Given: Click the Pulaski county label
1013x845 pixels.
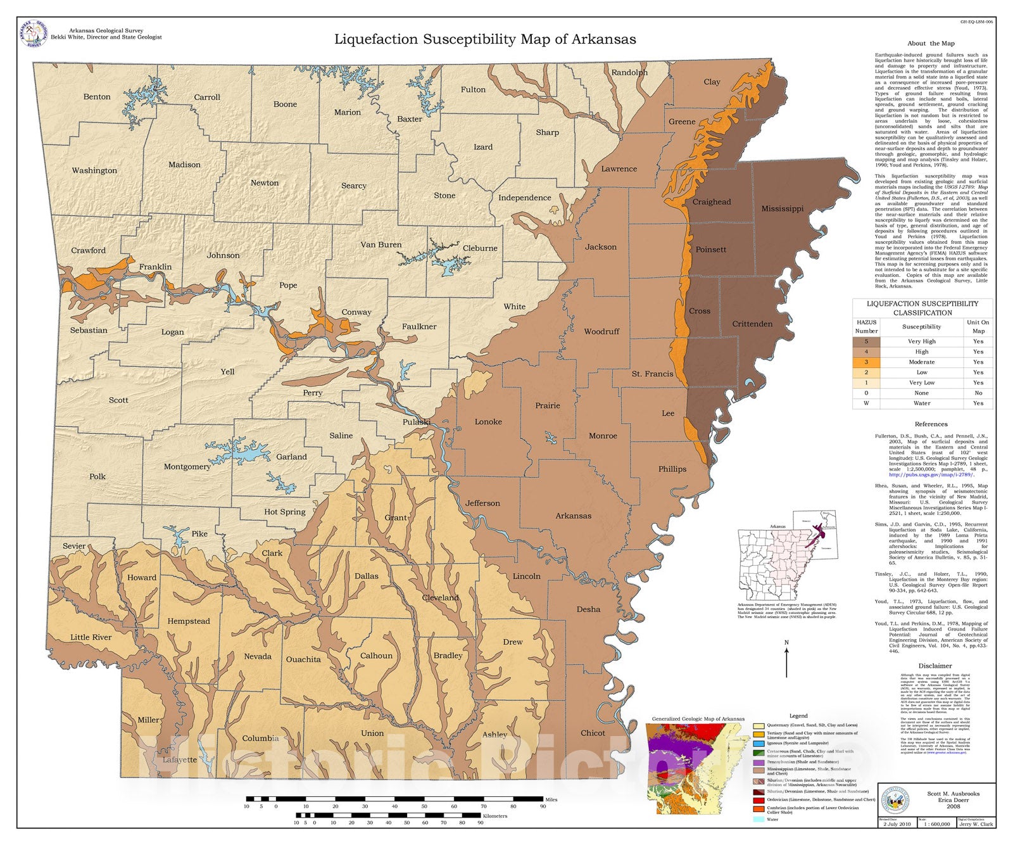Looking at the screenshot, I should click(x=416, y=422).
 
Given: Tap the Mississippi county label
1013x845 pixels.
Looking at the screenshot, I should click(x=782, y=208).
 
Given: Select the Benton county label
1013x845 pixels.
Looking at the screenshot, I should click(x=97, y=97).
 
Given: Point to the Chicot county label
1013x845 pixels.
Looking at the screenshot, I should click(x=593, y=733).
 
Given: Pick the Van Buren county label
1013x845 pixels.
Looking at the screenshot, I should click(x=381, y=245).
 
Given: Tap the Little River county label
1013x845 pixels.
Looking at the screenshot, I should click(x=91, y=637).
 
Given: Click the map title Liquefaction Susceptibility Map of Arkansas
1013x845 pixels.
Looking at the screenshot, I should click(x=485, y=39).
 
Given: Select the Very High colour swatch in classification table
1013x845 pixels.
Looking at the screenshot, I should click(x=866, y=341).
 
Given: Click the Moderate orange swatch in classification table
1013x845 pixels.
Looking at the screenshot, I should click(x=866, y=362).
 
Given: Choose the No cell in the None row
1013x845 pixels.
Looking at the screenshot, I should click(x=978, y=393).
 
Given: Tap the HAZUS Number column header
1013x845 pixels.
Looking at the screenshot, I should click(x=866, y=327).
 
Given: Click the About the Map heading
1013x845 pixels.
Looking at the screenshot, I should click(x=930, y=44).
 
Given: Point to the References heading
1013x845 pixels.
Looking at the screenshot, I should click(x=931, y=424).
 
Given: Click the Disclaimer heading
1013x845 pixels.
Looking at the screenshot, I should click(x=934, y=666).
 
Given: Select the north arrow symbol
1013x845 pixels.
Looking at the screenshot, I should click(x=786, y=661).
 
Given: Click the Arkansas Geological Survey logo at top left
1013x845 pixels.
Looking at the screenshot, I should click(x=34, y=34).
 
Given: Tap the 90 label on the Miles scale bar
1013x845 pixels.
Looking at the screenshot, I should click(x=543, y=806).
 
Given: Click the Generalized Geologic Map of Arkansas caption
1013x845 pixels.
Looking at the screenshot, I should click(x=698, y=719).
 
